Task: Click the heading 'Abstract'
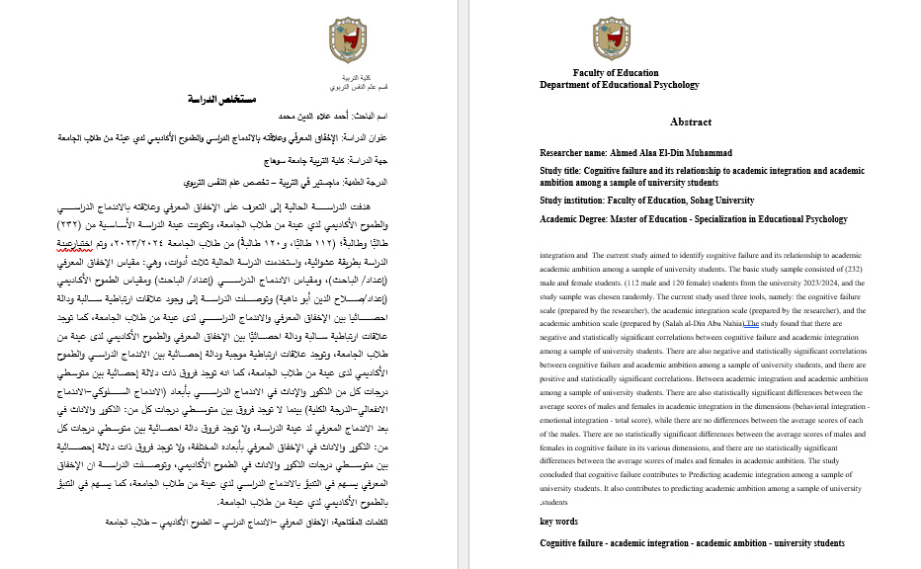(x=690, y=122)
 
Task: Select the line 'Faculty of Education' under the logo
(x=615, y=73)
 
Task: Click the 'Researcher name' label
(x=573, y=153)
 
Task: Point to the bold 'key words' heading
(x=558, y=521)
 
